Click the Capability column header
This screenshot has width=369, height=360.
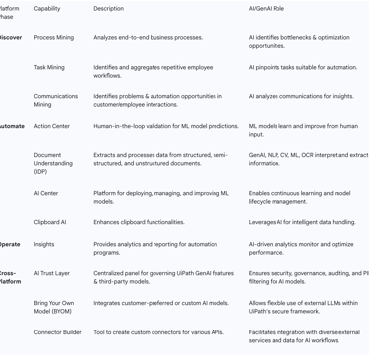point(47,9)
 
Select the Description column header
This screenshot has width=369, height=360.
point(108,9)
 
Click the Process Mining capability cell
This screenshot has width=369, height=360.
point(53,38)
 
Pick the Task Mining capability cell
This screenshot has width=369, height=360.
point(49,68)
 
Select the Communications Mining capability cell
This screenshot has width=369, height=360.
point(56,101)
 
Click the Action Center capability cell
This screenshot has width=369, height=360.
point(52,127)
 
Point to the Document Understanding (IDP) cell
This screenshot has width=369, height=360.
point(55,163)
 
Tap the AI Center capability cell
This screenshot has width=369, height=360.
point(46,194)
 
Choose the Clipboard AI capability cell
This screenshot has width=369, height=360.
point(50,223)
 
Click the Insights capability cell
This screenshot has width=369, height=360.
point(44,245)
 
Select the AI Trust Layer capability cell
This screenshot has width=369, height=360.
point(52,274)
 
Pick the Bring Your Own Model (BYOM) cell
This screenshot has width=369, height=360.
point(55,308)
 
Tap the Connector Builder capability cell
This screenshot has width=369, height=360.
point(58,333)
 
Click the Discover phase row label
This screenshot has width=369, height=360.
point(11,38)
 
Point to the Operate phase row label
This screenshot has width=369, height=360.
point(10,245)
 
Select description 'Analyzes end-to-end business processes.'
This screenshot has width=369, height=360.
point(149,38)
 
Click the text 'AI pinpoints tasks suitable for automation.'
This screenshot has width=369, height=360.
point(303,68)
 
